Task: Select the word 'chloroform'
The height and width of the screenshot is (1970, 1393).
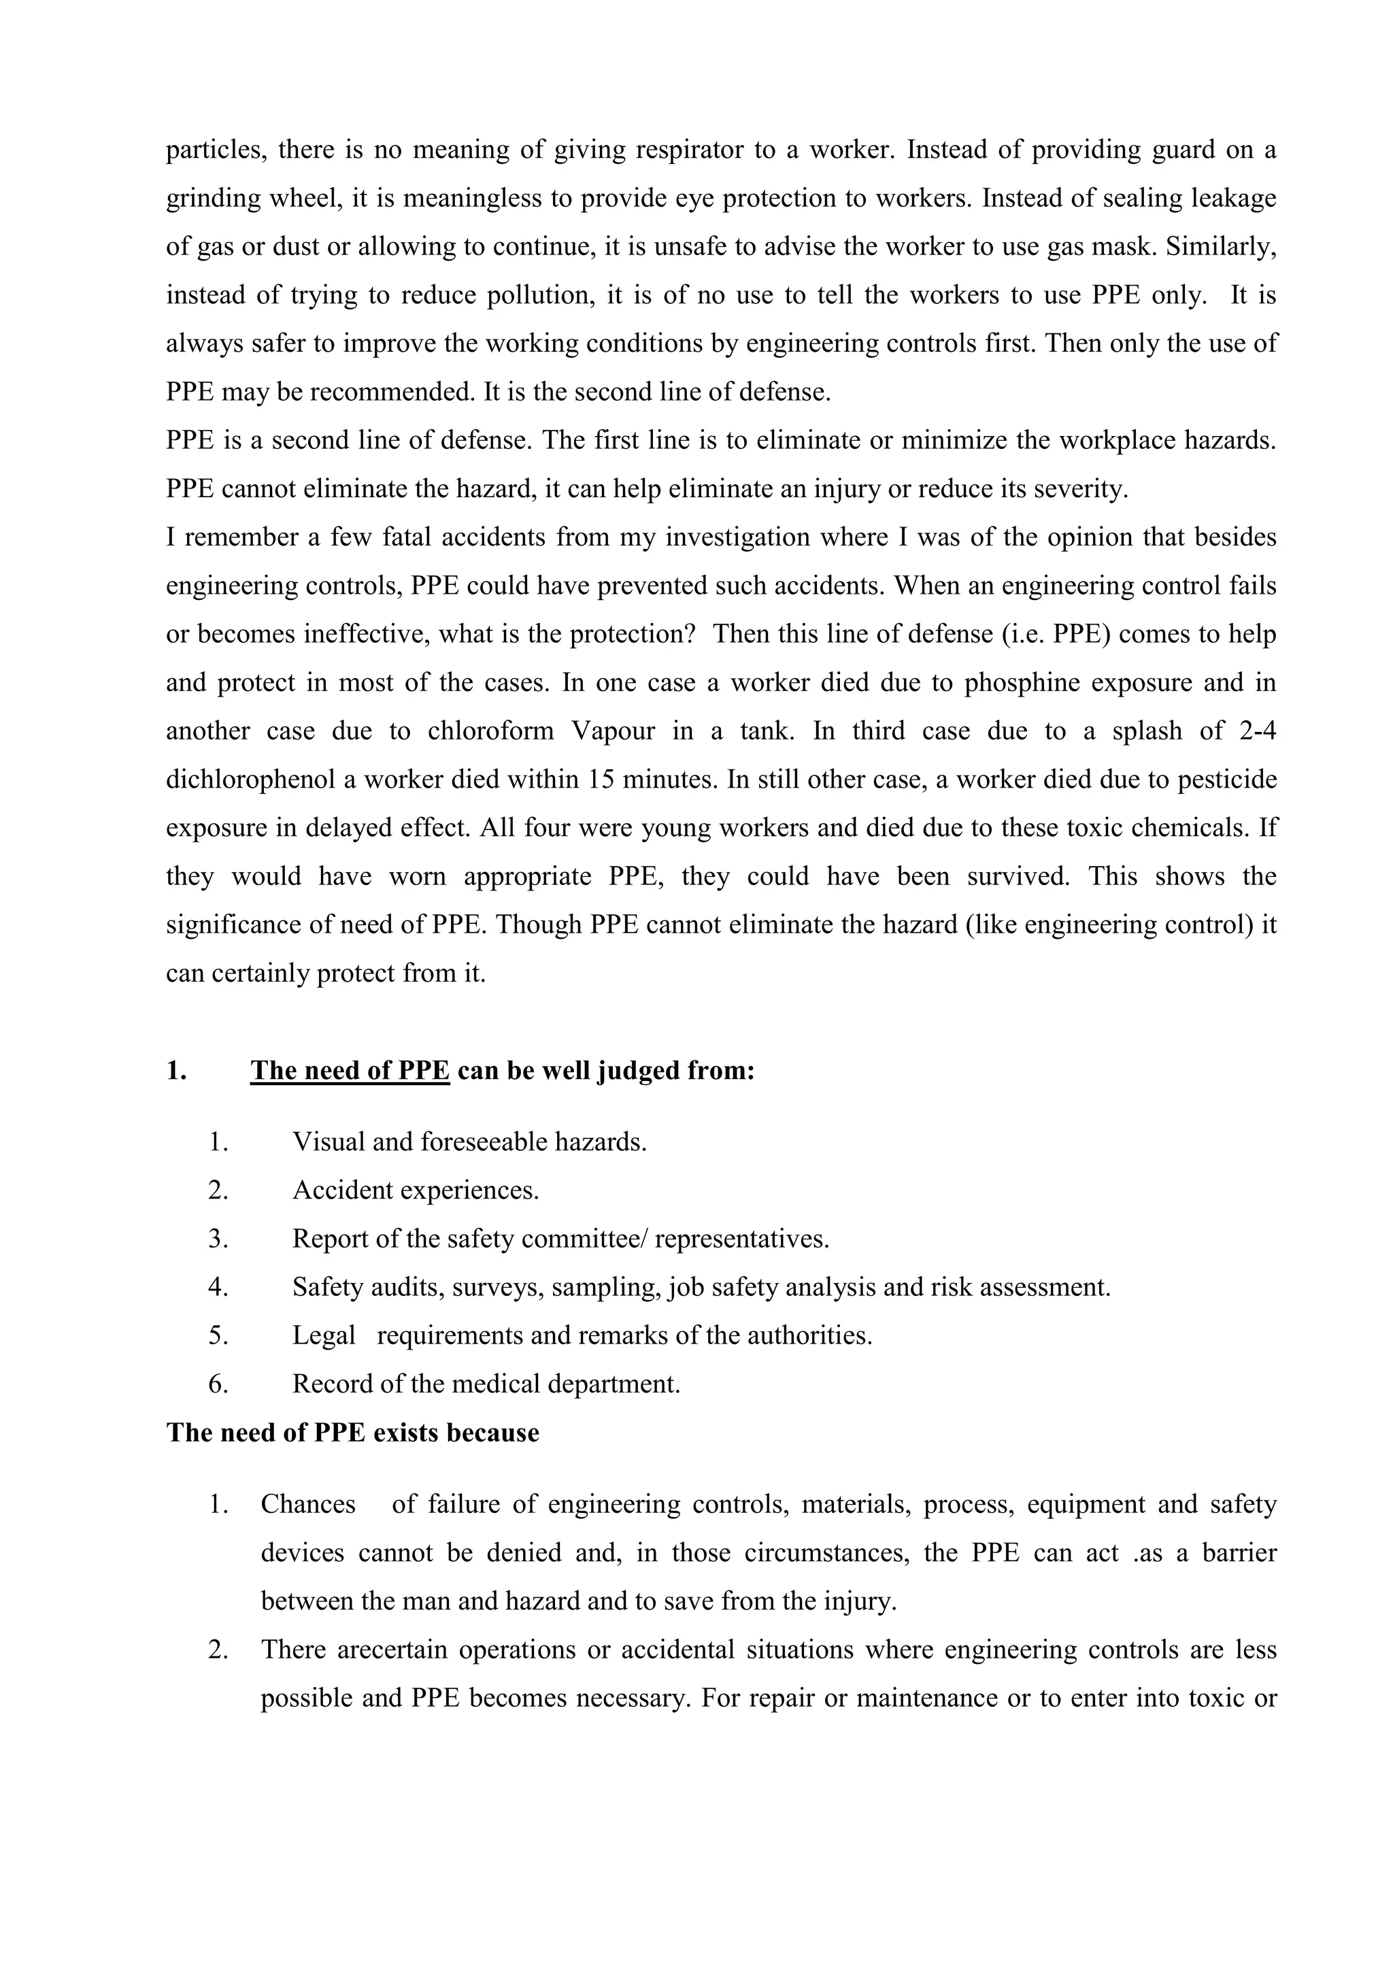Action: (x=489, y=731)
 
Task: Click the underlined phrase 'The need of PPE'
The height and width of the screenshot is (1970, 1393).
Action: (x=350, y=1071)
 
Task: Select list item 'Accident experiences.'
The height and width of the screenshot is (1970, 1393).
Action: (x=415, y=1191)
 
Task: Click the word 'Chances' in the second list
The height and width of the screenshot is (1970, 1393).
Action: (x=308, y=1505)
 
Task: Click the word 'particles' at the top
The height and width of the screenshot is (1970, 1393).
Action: (x=214, y=151)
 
